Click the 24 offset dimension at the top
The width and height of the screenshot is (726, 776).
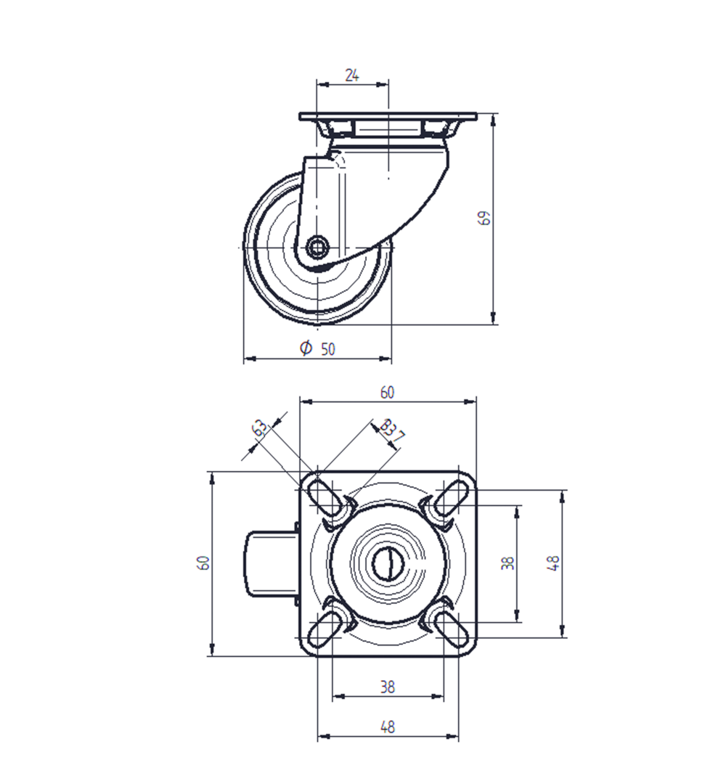(352, 75)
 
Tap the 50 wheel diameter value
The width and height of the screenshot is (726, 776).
(328, 349)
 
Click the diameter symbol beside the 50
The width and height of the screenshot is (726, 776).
(306, 348)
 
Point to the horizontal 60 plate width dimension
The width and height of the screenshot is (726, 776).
(388, 393)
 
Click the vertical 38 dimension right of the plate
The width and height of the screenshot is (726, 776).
(507, 563)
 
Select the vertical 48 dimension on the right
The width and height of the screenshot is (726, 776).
(553, 563)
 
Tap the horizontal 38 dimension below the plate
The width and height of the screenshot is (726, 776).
(388, 687)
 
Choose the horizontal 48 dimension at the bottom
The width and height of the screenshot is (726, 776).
(388, 727)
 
